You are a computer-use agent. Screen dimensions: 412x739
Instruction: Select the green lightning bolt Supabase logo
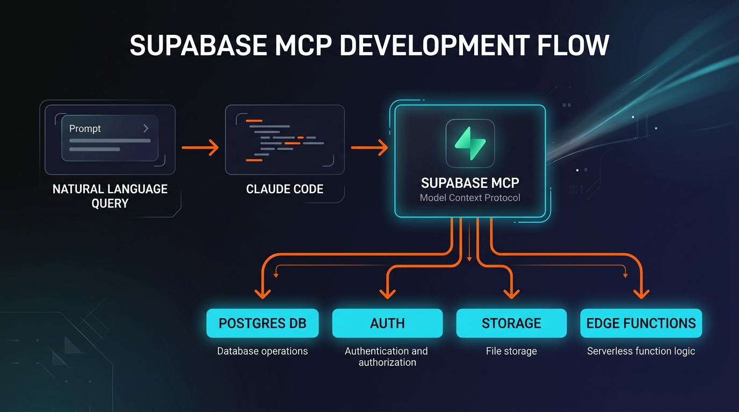[x=470, y=143]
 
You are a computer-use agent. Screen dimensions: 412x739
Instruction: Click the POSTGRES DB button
[x=262, y=323]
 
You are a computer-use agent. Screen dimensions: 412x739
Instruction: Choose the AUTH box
[x=387, y=323]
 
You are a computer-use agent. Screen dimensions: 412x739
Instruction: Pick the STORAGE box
[x=511, y=323]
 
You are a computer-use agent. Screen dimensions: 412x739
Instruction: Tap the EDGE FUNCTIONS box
[x=641, y=323]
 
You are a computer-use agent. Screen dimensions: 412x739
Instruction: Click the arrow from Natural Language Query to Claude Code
[x=200, y=147]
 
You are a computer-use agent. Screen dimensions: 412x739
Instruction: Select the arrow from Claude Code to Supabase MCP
[x=369, y=147]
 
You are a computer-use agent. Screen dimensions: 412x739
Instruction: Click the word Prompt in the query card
[x=85, y=129]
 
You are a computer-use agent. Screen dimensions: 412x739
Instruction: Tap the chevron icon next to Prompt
[x=146, y=129]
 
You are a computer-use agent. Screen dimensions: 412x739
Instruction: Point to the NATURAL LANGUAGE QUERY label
[x=110, y=196]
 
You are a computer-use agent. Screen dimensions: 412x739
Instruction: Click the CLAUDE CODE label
[x=285, y=189]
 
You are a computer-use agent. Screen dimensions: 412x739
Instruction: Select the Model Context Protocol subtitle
[x=470, y=198]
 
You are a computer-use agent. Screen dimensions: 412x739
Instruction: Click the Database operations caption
[x=262, y=351]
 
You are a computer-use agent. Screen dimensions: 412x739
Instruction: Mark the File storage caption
[x=511, y=351]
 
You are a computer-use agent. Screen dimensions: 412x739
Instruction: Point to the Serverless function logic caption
[x=641, y=351]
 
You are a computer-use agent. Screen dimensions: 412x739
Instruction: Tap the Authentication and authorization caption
[x=387, y=357]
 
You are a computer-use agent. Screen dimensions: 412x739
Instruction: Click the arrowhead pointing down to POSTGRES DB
[x=262, y=293]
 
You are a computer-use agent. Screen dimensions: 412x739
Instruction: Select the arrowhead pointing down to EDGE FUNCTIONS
[x=641, y=293]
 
